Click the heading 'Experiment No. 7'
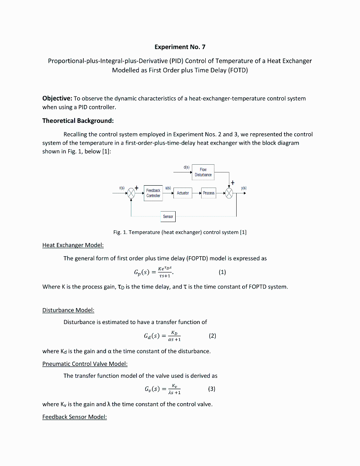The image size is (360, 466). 180,47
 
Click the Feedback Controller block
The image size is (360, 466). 153,192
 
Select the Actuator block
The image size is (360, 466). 183,193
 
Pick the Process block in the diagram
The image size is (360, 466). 208,193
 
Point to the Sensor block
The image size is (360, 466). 168,217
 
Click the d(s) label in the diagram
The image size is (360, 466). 187,167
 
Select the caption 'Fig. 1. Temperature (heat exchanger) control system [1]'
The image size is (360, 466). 180,233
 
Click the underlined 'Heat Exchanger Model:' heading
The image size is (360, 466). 73,245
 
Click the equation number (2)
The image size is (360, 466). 212,336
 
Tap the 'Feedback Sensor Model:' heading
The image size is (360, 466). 75,417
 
